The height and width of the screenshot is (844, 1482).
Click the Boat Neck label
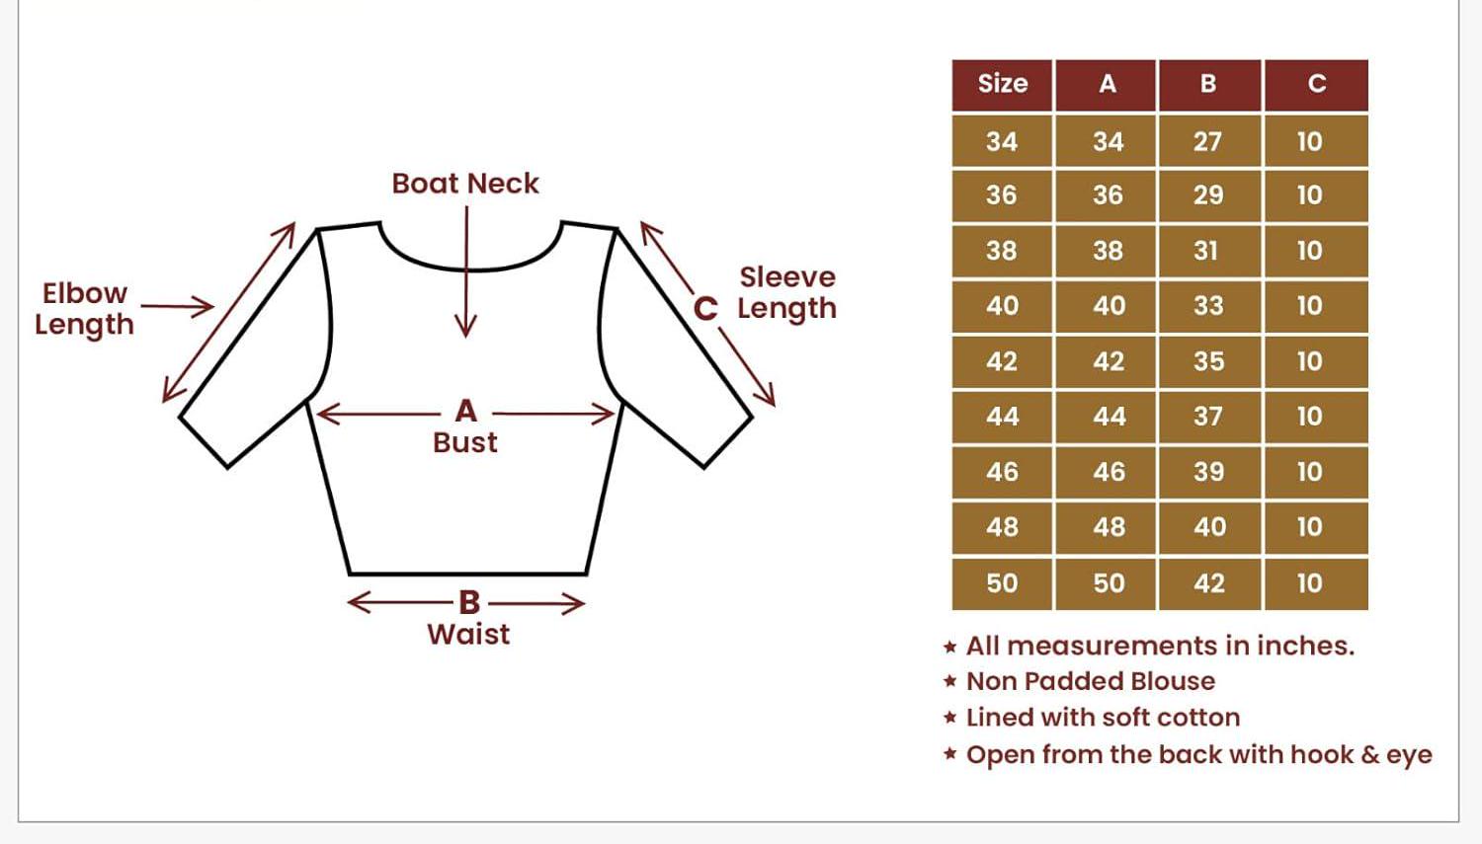tap(465, 184)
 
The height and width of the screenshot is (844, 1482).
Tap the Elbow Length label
tap(84, 308)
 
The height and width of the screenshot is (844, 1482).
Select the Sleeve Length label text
tap(786, 292)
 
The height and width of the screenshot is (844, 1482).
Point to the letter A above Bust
tap(465, 411)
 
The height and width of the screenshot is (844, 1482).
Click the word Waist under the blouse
tap(468, 634)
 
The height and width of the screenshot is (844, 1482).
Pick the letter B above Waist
tap(468, 602)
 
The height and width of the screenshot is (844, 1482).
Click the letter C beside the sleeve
tap(705, 309)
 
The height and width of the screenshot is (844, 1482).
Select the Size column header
tap(1002, 84)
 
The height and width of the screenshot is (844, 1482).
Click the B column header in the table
tap(1208, 84)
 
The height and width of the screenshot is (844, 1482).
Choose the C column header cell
tap(1316, 84)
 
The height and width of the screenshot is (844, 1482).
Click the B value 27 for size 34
tap(1207, 141)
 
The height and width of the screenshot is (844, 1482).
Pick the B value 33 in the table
tap(1208, 306)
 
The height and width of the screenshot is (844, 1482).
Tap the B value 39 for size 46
tap(1208, 472)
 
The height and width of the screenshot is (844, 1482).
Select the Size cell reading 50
tap(1002, 583)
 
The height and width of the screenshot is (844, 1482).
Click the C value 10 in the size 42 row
tap(1309, 361)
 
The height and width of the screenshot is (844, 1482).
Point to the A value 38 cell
tap(1108, 251)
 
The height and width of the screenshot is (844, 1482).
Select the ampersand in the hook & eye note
tap(1369, 755)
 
